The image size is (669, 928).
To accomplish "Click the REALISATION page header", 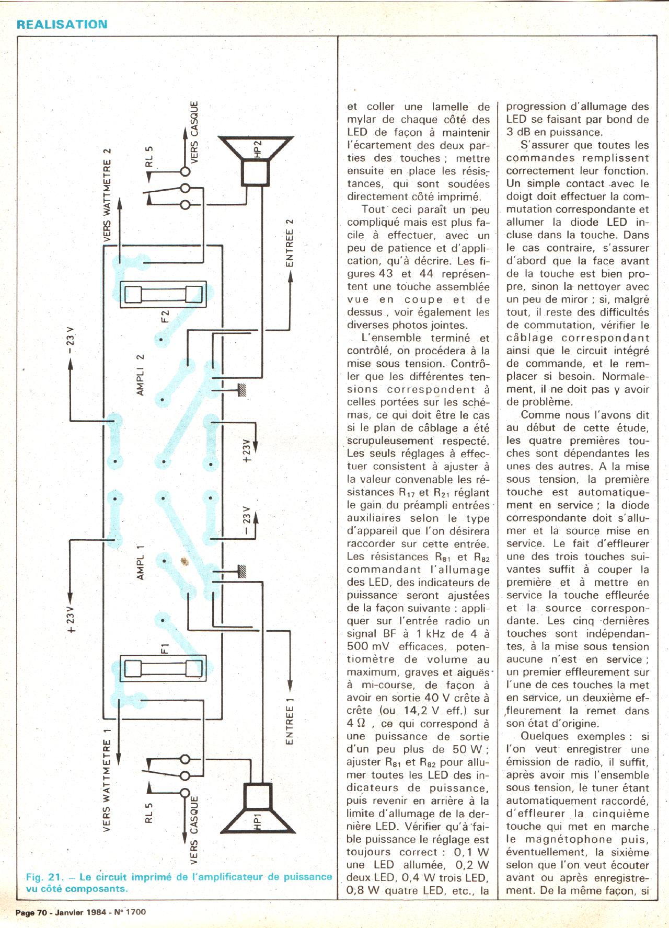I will tap(62, 24).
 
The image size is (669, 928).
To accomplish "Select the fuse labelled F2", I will tap(163, 295).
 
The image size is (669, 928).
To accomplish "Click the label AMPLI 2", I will tap(140, 375).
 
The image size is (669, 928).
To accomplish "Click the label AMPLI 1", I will tap(140, 561).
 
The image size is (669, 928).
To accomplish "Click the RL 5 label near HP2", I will tap(149, 156).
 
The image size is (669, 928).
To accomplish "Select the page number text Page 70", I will tap(31, 912).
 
